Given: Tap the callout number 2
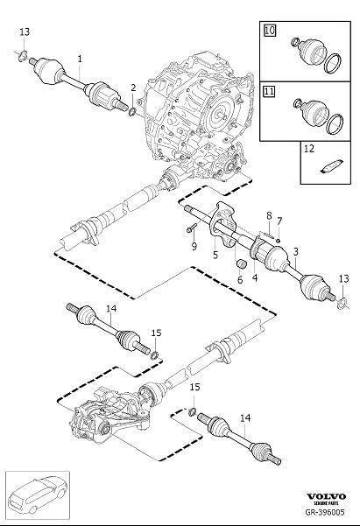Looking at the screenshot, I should coord(133,88).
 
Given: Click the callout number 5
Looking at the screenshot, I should coord(215,255).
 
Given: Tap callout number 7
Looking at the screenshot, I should coord(279,219).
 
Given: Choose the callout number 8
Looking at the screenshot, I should coord(269,215).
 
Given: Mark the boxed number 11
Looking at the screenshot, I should coord(270,91).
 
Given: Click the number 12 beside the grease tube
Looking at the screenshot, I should coord(308,151).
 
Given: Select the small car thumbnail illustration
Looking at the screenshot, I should coord(38,496).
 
